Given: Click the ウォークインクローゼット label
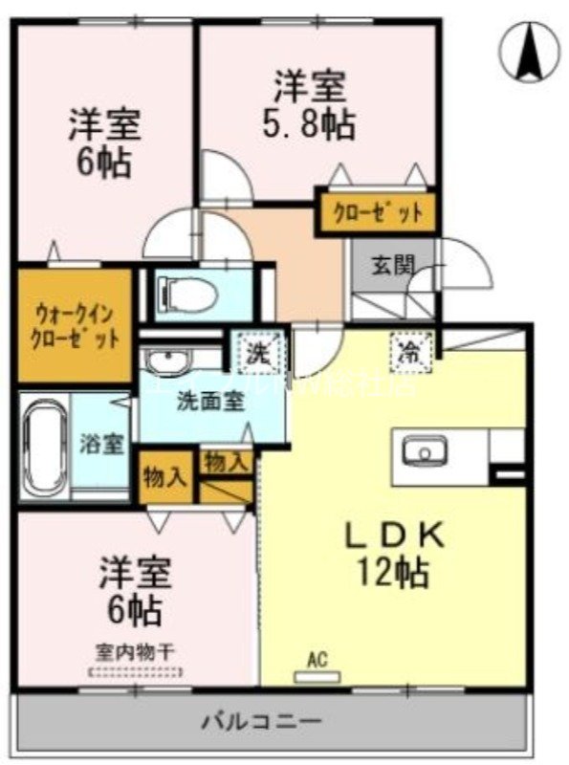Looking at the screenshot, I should pos(73,325).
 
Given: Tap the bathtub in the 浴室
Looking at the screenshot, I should pos(44,444).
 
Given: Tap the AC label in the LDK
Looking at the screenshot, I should pos(317,660).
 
